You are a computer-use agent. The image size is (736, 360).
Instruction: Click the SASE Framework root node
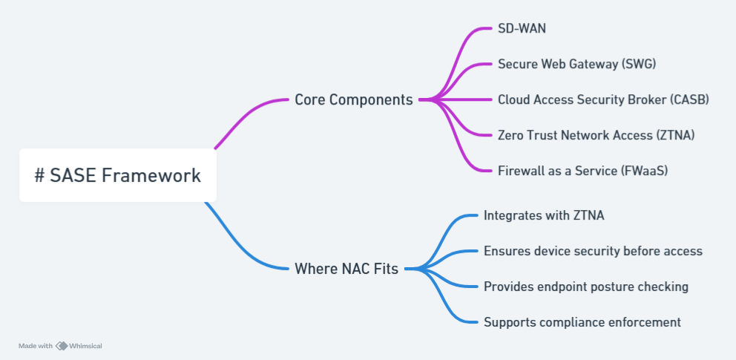pos(118,176)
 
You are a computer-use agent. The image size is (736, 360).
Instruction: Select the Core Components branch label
pos(354,99)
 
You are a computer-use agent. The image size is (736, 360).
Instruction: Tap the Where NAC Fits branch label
pos(346,269)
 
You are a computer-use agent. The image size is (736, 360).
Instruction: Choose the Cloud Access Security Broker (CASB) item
pos(603,99)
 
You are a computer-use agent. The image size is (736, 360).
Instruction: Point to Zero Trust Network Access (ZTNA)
pos(596,135)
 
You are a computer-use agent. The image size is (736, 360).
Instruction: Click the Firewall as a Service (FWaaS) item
pos(582,170)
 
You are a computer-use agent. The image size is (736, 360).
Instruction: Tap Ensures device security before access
pos(593,251)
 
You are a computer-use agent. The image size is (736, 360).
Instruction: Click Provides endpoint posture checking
pos(585,287)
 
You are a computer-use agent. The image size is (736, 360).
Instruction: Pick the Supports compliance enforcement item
pos(582,322)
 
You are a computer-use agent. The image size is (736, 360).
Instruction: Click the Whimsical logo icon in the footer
pos(62,346)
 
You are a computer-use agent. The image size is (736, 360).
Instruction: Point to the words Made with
pos(35,346)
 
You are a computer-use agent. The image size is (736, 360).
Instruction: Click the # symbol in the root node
pos(40,176)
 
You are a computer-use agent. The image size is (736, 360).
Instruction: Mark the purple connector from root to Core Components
pos(249,115)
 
